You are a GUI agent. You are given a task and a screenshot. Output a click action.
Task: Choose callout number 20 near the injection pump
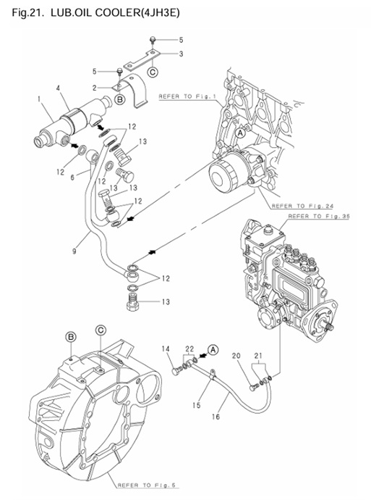point(236,355)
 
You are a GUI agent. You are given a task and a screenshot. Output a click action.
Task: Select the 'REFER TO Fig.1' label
point(187,96)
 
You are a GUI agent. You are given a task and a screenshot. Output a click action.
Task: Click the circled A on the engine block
point(239,133)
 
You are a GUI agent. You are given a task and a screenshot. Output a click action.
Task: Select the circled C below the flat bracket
point(153,71)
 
